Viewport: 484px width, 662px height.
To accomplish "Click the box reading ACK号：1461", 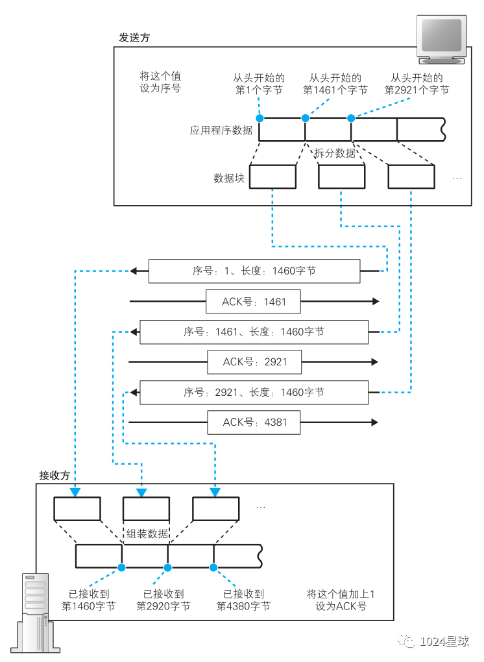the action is coord(253,301).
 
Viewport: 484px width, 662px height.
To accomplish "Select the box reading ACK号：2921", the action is coord(254,362).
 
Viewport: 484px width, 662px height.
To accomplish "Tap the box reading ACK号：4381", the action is coord(254,423).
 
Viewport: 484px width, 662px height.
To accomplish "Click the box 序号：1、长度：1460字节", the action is coord(254,271).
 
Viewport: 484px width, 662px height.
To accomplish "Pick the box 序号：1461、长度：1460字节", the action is coord(254,332).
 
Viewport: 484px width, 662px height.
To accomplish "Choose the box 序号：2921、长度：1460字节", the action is coord(254,392).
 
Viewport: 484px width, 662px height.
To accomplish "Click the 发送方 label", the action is coord(134,38).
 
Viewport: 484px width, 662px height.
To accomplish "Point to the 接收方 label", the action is coord(54,475).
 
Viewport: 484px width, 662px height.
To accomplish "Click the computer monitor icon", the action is coord(441,39).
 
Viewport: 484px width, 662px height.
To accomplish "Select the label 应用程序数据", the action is coord(221,130).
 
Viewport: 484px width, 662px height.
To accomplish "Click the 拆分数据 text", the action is coord(335,153).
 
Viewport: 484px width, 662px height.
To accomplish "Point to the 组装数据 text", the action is coord(147,533).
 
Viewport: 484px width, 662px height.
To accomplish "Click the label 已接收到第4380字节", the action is coord(243,600).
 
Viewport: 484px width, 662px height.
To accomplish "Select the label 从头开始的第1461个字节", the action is coord(335,84).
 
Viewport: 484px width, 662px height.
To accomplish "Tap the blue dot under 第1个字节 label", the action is coord(260,118).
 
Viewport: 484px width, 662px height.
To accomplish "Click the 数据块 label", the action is coord(229,178).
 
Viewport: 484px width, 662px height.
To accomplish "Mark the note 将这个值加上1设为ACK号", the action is coord(341,600).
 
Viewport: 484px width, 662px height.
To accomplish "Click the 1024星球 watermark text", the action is coord(444,641).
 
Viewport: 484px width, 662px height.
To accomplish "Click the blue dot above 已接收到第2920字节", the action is coord(167,567).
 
